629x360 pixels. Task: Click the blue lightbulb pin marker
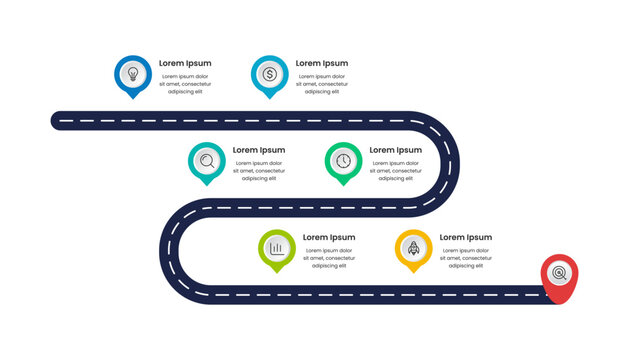coord(132,75)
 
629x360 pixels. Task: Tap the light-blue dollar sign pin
coord(269,75)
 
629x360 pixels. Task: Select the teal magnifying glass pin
coord(206,161)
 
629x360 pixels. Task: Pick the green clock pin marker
coord(343,161)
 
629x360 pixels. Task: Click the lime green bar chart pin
coord(276,248)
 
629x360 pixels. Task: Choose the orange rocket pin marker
coord(413,248)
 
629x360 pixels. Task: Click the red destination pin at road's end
coord(559,274)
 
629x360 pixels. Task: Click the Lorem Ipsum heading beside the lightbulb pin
coord(185,63)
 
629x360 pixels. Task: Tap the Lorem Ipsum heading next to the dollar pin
coord(322,63)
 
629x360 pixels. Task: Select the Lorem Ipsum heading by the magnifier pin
coord(259,150)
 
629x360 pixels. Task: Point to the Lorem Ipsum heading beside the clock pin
coord(396,150)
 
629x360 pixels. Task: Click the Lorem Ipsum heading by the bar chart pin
coord(329,237)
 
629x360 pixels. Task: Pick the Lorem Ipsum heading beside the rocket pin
coord(466,237)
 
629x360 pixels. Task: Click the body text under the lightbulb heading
coord(185,83)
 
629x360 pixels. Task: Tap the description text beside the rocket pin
coord(465,258)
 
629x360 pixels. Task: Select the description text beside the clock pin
coord(395,171)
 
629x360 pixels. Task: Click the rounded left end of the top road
coord(58,120)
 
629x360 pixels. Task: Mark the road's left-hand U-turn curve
coord(170,250)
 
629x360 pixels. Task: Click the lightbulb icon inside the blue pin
coord(132,73)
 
